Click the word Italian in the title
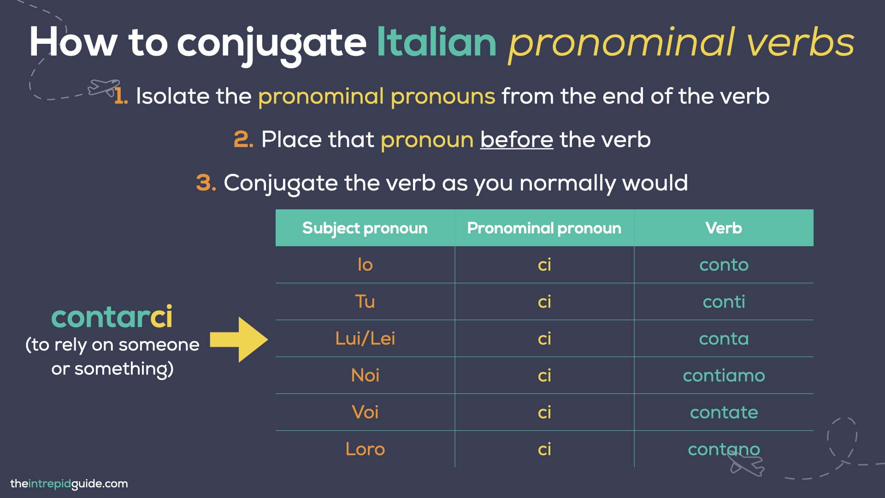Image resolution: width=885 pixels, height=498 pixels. (436, 42)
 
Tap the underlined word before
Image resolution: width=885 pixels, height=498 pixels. (516, 140)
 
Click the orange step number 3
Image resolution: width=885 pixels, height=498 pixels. (206, 183)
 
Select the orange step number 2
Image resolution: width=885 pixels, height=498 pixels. (243, 140)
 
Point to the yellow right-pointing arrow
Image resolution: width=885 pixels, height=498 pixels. (239, 339)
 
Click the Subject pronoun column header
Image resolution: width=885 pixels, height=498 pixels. (365, 228)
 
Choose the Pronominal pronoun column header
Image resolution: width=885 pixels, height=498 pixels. (544, 228)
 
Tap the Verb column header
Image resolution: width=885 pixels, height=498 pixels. (723, 228)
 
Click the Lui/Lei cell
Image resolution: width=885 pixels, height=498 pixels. (365, 339)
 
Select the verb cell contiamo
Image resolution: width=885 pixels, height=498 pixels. (723, 376)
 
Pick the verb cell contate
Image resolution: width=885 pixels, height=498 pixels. (723, 413)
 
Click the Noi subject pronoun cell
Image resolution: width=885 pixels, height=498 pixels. (365, 376)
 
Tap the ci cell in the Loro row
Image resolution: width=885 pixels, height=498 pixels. (544, 450)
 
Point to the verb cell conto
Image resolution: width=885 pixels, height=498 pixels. (723, 265)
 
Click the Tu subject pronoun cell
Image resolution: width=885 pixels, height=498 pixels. (365, 302)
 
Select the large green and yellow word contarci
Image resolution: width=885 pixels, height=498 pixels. (112, 317)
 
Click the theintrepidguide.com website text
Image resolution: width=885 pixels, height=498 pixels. (69, 484)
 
